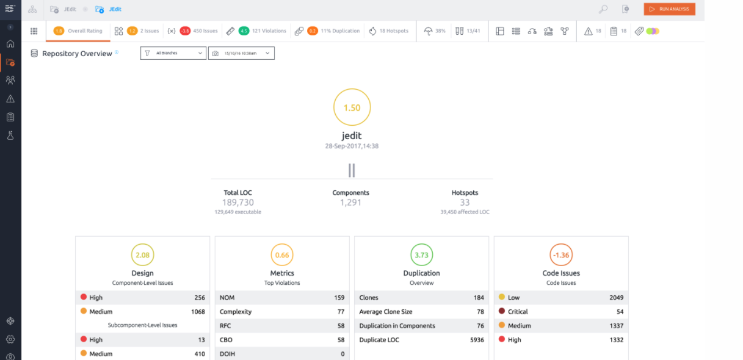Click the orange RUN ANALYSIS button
point(669,9)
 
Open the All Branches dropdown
point(173,53)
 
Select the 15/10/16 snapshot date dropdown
point(241,53)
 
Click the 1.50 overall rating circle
point(352,89)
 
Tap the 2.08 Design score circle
point(143,244)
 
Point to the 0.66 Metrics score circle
point(282,244)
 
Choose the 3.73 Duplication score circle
point(422,244)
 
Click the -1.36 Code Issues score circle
point(561,244)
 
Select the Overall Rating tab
point(78,31)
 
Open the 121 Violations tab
point(256,31)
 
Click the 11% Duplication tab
point(327,31)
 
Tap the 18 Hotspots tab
point(389,31)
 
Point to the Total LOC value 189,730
point(238,202)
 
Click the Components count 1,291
point(350,202)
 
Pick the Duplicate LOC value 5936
point(477,340)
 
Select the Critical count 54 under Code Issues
point(620,312)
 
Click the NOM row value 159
point(339,298)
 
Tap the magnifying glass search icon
point(603,9)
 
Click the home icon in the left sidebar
point(10,43)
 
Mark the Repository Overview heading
point(77,54)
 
